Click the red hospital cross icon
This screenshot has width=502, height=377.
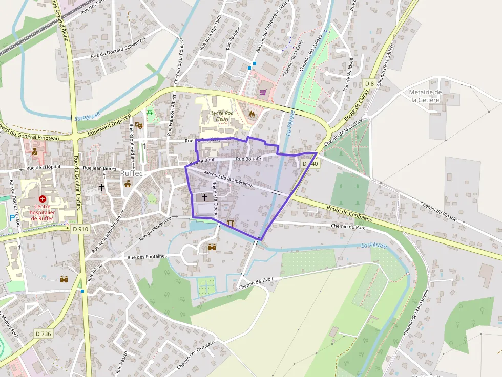point(42,198)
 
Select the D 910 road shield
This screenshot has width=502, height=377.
point(81,229)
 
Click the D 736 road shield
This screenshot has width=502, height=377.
point(44,334)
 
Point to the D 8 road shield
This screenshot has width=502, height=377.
point(369,83)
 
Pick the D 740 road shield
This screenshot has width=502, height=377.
point(310,164)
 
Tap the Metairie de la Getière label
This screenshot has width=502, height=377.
point(425,96)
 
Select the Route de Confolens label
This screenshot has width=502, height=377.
point(350,209)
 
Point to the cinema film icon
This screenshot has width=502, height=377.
point(230,224)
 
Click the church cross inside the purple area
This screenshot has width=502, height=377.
point(205,197)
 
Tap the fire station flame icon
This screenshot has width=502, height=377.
point(252,114)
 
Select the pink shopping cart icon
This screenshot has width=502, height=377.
point(263,92)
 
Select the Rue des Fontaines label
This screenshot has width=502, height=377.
point(148,256)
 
